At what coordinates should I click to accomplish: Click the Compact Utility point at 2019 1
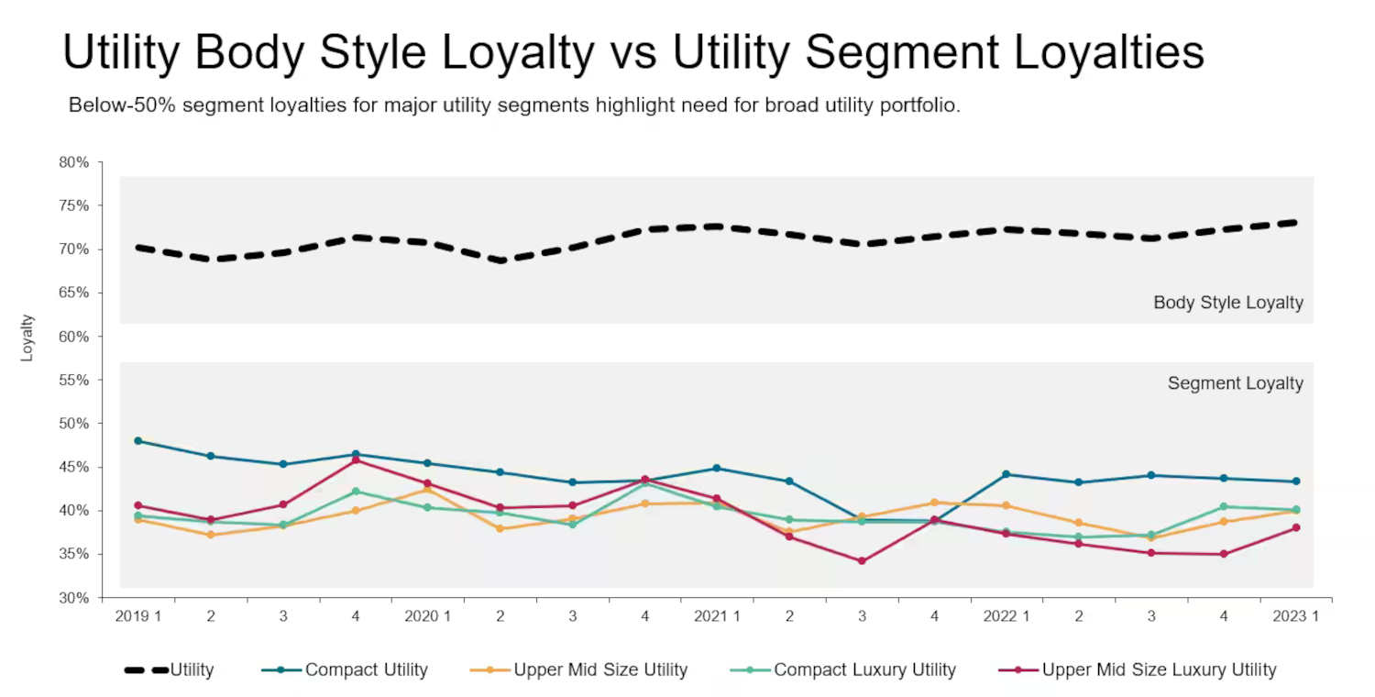pos(138,441)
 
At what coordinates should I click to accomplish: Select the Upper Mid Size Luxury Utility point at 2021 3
pos(862,561)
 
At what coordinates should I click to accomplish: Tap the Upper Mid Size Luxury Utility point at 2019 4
pos(356,459)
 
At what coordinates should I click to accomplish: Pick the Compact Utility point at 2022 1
pos(1006,474)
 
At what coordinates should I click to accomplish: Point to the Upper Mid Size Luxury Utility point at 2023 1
pos(1296,527)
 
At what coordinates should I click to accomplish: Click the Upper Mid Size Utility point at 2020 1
pos(428,489)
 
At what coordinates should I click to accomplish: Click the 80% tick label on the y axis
pos(74,162)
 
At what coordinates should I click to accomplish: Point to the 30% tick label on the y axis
pos(74,598)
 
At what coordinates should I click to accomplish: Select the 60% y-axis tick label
pos(74,337)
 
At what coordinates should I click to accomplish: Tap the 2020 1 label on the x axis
pos(428,616)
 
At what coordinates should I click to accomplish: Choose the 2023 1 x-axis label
pos(1296,616)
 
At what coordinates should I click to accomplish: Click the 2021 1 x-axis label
pos(717,616)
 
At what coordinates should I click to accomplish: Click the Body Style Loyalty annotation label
pos(1227,303)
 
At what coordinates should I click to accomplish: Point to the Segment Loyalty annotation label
pos(1235,383)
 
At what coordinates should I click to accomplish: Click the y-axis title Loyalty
pos(27,337)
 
